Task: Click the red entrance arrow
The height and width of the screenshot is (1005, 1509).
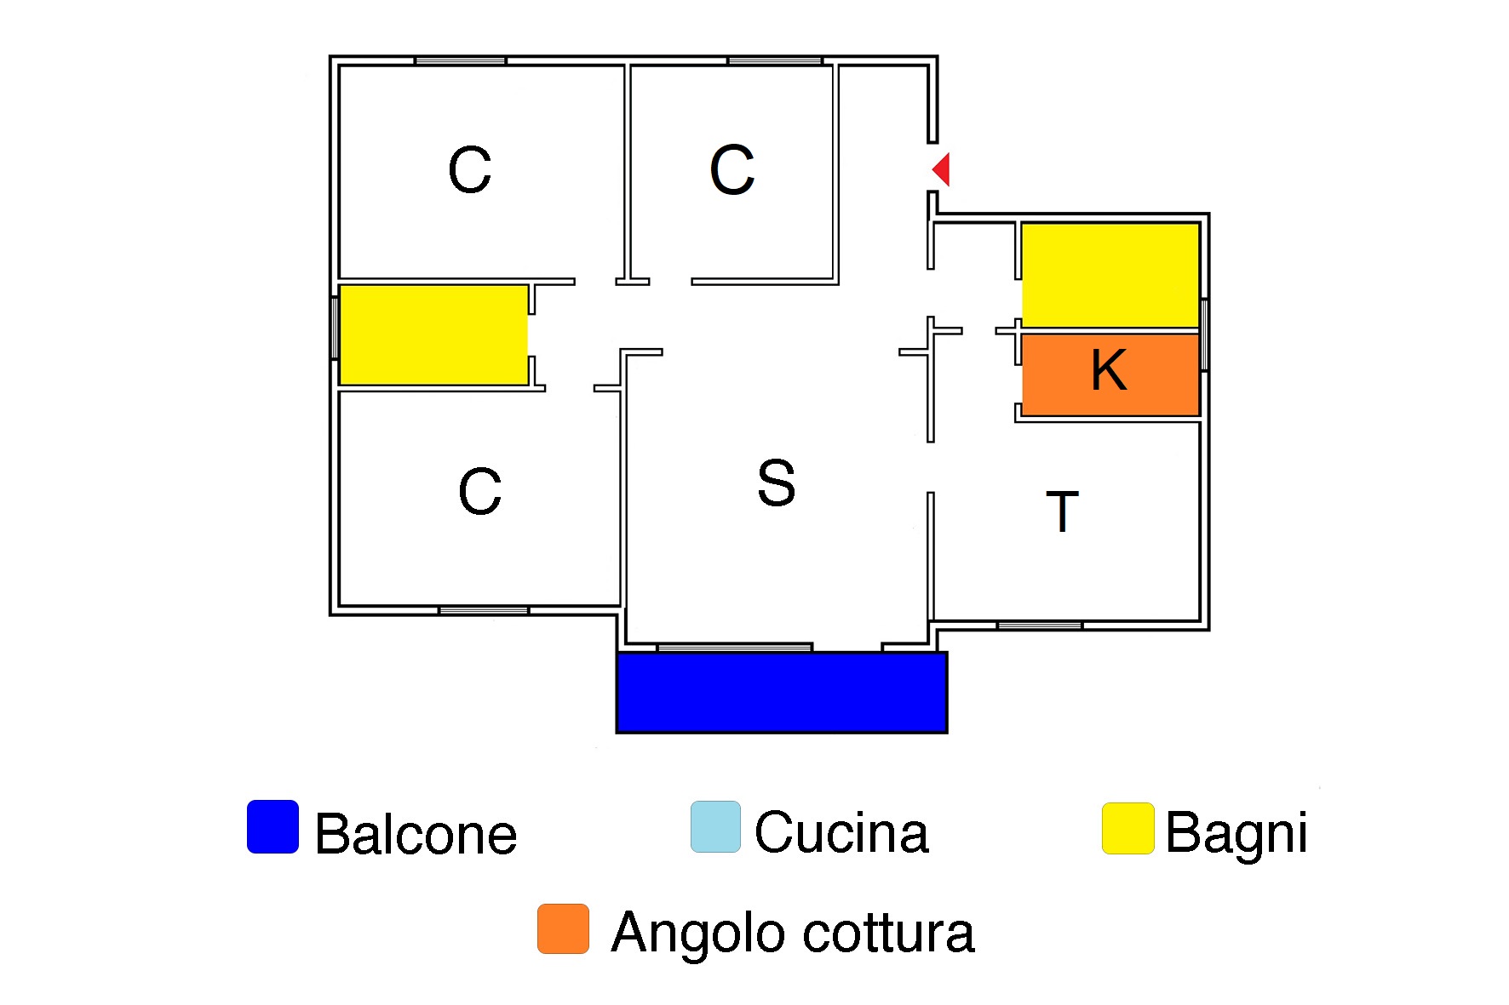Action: (x=942, y=169)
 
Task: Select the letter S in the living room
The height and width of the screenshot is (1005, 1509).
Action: (x=776, y=483)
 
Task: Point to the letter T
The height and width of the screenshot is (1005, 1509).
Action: (x=1062, y=511)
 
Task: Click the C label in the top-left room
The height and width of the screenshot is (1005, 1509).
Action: (x=469, y=169)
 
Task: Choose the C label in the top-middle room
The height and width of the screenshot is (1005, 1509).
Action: (x=732, y=169)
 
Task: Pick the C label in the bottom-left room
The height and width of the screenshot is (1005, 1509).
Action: (x=479, y=491)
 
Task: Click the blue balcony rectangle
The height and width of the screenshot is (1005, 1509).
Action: (x=782, y=693)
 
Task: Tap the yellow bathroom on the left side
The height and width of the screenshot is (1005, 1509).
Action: (x=433, y=334)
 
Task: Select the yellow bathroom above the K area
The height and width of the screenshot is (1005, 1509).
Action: (x=1110, y=275)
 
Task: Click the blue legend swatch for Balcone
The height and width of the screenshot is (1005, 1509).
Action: (x=273, y=826)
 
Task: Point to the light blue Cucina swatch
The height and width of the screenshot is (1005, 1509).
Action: (x=715, y=826)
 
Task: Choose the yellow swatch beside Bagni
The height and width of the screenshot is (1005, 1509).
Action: (x=1127, y=828)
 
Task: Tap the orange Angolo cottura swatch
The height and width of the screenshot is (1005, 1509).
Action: (x=563, y=928)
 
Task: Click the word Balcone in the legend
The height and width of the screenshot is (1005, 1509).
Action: (x=416, y=834)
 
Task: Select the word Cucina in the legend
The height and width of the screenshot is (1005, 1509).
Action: (x=841, y=832)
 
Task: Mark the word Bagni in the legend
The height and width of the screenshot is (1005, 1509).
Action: (x=1236, y=833)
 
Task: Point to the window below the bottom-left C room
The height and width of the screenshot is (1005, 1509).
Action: (x=484, y=610)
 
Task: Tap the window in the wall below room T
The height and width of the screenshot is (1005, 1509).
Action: (x=1039, y=625)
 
